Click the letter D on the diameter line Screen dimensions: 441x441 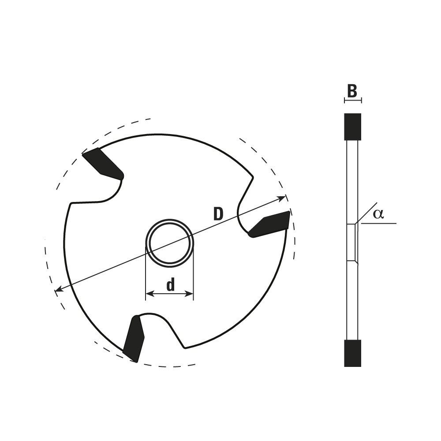[218, 214]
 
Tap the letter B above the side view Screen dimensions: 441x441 [352, 91]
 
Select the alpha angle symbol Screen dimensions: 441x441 [378, 214]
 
